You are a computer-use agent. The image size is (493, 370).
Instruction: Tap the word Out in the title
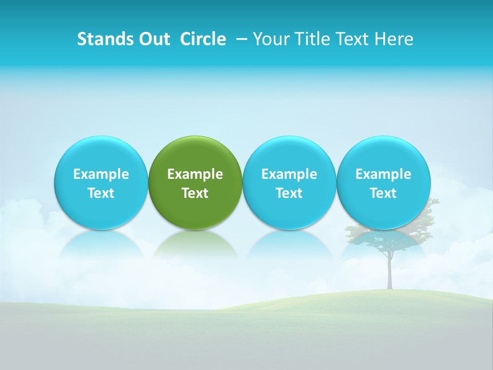click(x=153, y=39)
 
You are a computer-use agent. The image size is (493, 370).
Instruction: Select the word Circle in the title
click(x=203, y=39)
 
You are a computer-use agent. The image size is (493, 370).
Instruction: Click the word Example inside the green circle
click(x=195, y=174)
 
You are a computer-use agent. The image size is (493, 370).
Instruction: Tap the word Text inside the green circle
click(x=195, y=193)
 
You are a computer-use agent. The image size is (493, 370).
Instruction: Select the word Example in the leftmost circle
click(x=101, y=174)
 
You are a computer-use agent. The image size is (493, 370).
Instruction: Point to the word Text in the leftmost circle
click(x=101, y=193)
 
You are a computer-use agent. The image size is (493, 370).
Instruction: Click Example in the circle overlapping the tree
click(x=383, y=174)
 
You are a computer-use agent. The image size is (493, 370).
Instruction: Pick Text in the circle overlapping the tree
click(x=383, y=193)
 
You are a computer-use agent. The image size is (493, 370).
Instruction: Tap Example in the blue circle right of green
click(x=289, y=174)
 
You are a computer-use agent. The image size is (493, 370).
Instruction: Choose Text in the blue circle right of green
click(x=289, y=193)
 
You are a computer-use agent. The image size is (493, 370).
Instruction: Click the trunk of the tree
click(x=390, y=272)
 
